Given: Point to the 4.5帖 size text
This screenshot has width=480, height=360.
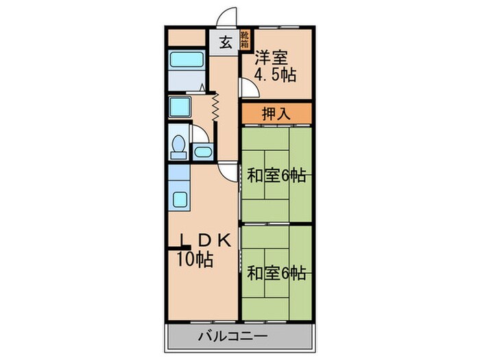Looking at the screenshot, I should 275,74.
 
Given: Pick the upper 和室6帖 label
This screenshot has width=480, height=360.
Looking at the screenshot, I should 276,176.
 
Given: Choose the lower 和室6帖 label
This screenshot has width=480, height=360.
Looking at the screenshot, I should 276,274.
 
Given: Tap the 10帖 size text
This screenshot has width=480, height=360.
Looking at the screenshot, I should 194,259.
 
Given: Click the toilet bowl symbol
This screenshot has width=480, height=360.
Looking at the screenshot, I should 179,145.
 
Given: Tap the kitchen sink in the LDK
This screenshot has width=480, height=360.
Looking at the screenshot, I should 180,200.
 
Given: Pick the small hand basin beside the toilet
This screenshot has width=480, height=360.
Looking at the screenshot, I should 203,152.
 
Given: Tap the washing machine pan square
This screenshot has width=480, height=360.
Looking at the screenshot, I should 179,107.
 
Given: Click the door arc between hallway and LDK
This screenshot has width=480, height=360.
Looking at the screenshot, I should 229,172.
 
